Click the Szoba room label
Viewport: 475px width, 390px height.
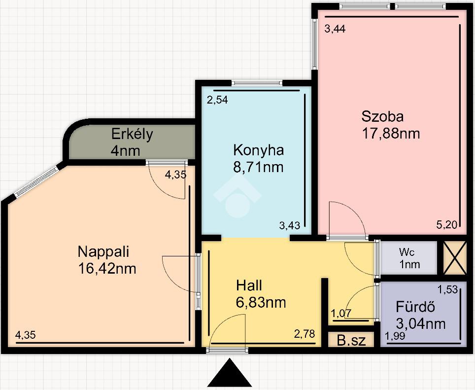[x=382, y=117]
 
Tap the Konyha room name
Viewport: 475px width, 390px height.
[x=258, y=150]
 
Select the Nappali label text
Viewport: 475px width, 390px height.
[x=103, y=252]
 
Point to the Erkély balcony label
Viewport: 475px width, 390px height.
[x=132, y=134]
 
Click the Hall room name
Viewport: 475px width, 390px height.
[x=249, y=285]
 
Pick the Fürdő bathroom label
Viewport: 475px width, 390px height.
[x=415, y=307]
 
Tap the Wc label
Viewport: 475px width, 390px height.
[x=407, y=252]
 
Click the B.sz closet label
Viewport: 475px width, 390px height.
[x=351, y=341]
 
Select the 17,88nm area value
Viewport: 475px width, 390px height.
[x=391, y=134]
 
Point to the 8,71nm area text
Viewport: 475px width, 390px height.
[x=258, y=167]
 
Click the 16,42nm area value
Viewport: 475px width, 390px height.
[x=107, y=269]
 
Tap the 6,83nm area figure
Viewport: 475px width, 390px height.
[x=261, y=302]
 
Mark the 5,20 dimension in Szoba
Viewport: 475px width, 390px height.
[x=446, y=225]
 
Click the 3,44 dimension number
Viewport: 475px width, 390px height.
[x=335, y=29]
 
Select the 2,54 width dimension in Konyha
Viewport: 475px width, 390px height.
[x=217, y=100]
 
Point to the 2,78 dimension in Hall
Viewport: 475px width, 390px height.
[x=305, y=334]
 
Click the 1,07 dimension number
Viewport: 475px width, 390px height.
[x=341, y=313]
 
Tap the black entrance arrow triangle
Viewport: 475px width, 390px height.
[x=230, y=373]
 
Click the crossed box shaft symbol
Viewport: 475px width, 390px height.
[x=455, y=258]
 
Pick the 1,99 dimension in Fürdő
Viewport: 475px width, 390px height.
[x=395, y=336]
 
